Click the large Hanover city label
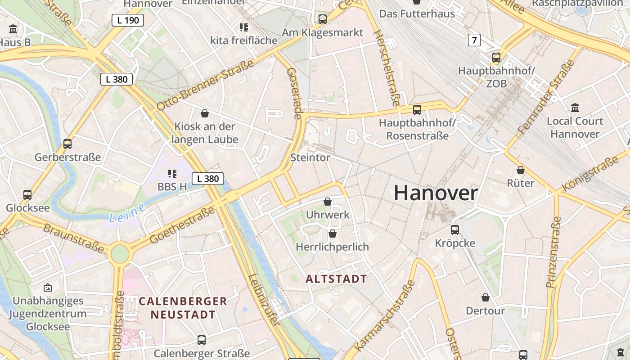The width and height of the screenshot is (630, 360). [x=436, y=193]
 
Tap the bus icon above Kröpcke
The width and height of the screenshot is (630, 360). [x=455, y=229]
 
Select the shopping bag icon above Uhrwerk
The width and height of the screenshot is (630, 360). [x=328, y=201]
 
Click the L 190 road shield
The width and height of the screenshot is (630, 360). [x=128, y=20]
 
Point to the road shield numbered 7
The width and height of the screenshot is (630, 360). [x=474, y=40]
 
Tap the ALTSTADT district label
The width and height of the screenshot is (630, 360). [x=336, y=279]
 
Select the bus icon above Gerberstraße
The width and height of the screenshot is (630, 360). [x=67, y=144]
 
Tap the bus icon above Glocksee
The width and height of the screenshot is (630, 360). [x=27, y=195]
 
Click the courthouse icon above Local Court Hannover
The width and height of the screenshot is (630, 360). [x=575, y=108]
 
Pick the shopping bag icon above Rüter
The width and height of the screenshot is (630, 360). [x=521, y=170]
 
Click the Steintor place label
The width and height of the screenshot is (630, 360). [x=310, y=157]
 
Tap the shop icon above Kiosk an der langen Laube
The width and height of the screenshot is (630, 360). [x=205, y=113]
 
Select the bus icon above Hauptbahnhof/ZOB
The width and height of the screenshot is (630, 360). [x=496, y=58]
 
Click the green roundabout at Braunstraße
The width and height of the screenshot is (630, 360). [x=120, y=254]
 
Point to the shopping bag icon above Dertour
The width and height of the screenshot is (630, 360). [x=485, y=297]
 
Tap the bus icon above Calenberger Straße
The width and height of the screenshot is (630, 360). [x=202, y=340]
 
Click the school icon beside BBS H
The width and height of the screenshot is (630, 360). [x=172, y=173]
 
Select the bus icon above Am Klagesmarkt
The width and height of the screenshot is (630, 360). [x=322, y=19]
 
